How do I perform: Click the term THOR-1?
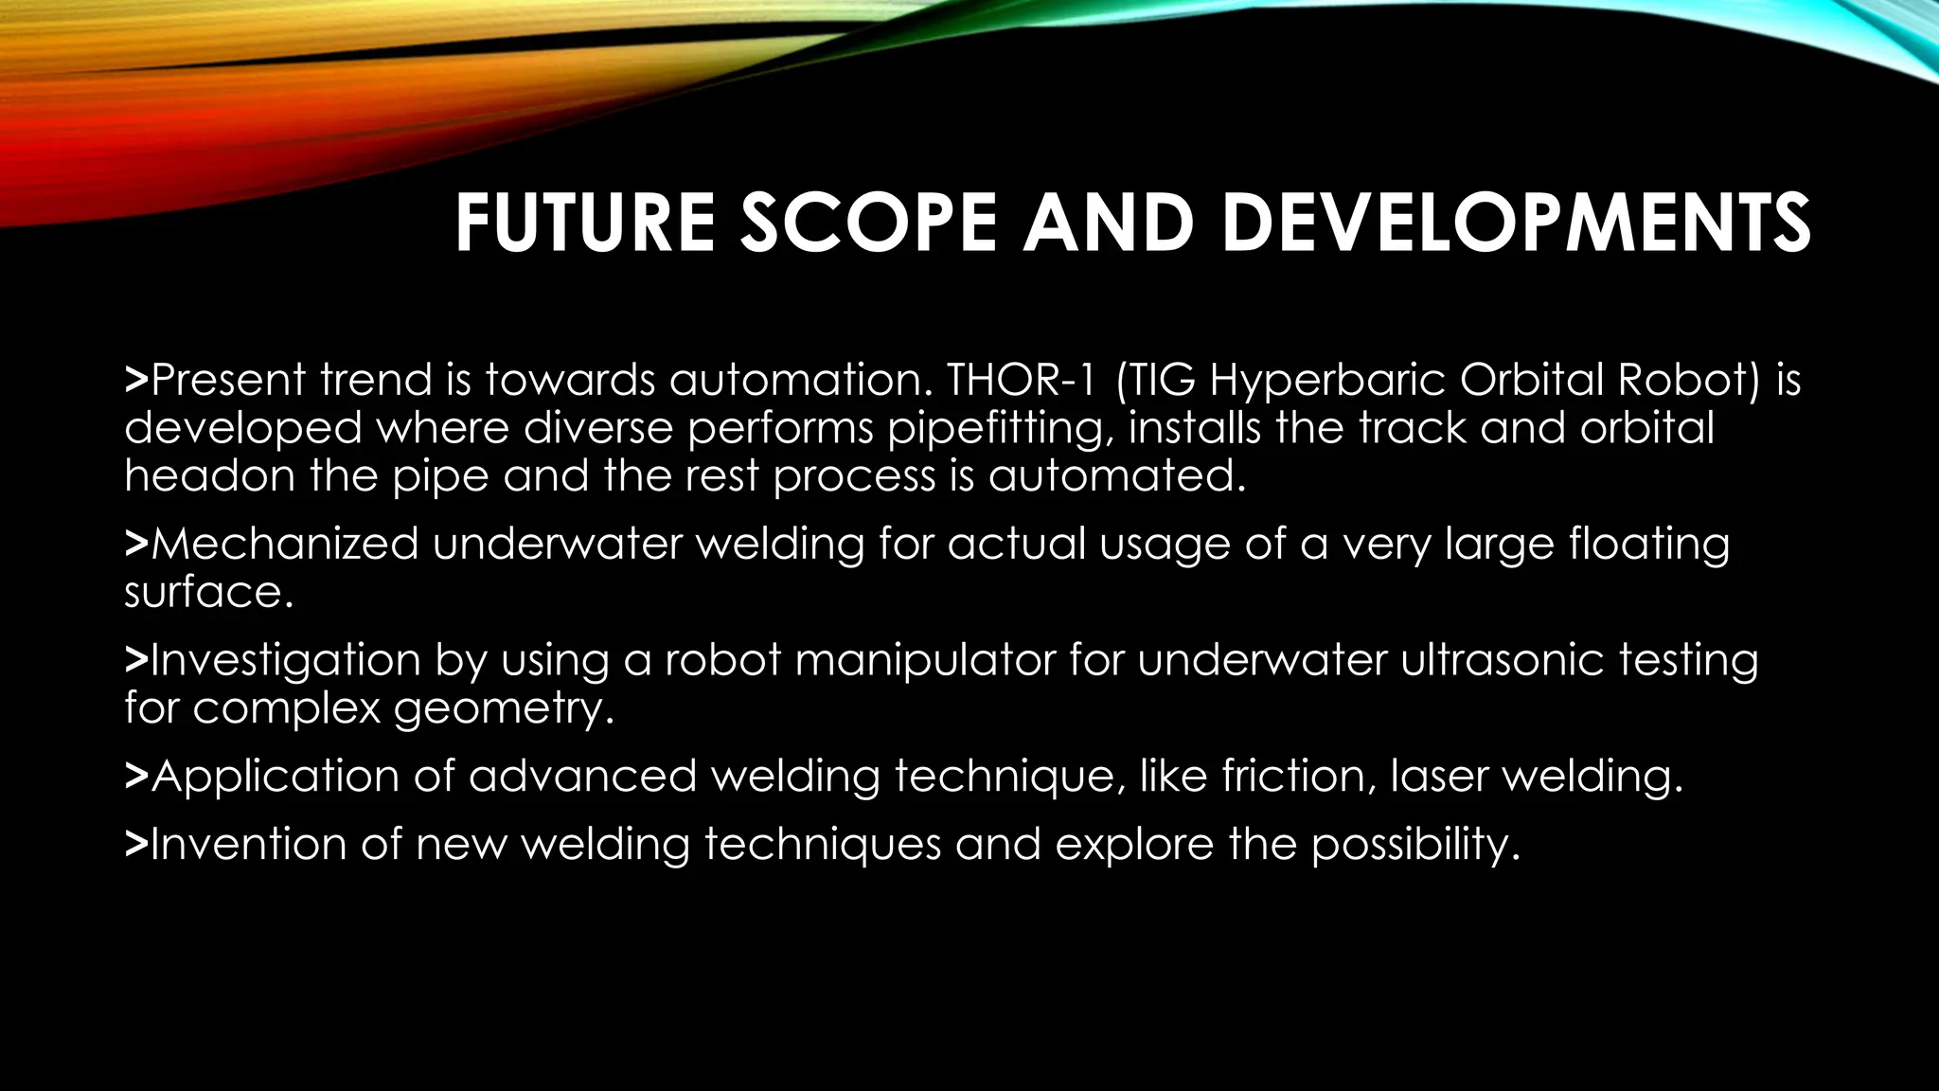tap(1023, 380)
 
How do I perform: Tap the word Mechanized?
tap(284, 544)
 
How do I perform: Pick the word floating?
tap(1648, 545)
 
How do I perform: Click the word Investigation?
tap(285, 660)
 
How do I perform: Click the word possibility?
tap(1414, 845)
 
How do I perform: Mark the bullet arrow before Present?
tap(136, 381)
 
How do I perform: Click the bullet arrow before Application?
tap(136, 777)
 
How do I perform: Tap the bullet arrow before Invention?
tap(136, 845)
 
